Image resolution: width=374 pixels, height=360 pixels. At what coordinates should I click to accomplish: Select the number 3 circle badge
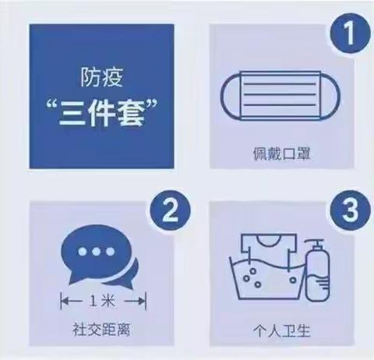click(x=344, y=210)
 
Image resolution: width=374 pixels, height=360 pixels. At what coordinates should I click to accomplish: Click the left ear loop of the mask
click(x=227, y=95)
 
